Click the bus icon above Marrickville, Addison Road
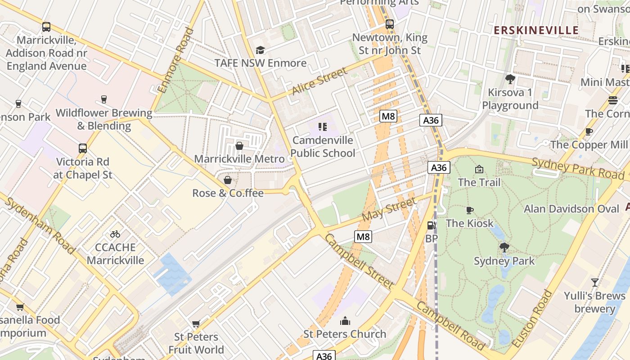click(46, 27)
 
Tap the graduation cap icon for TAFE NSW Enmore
click(260, 50)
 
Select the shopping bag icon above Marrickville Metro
click(239, 146)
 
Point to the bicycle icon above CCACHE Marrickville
click(115, 234)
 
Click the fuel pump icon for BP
click(431, 225)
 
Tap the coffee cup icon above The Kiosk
click(470, 210)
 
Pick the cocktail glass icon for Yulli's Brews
click(595, 283)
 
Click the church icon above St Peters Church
click(345, 321)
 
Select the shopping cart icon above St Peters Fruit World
click(196, 324)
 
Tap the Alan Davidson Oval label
click(571, 209)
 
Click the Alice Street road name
click(319, 81)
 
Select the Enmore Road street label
click(176, 60)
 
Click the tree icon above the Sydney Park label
click(504, 247)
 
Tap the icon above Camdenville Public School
click(322, 127)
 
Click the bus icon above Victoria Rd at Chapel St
click(83, 148)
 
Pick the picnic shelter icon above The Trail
click(479, 169)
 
